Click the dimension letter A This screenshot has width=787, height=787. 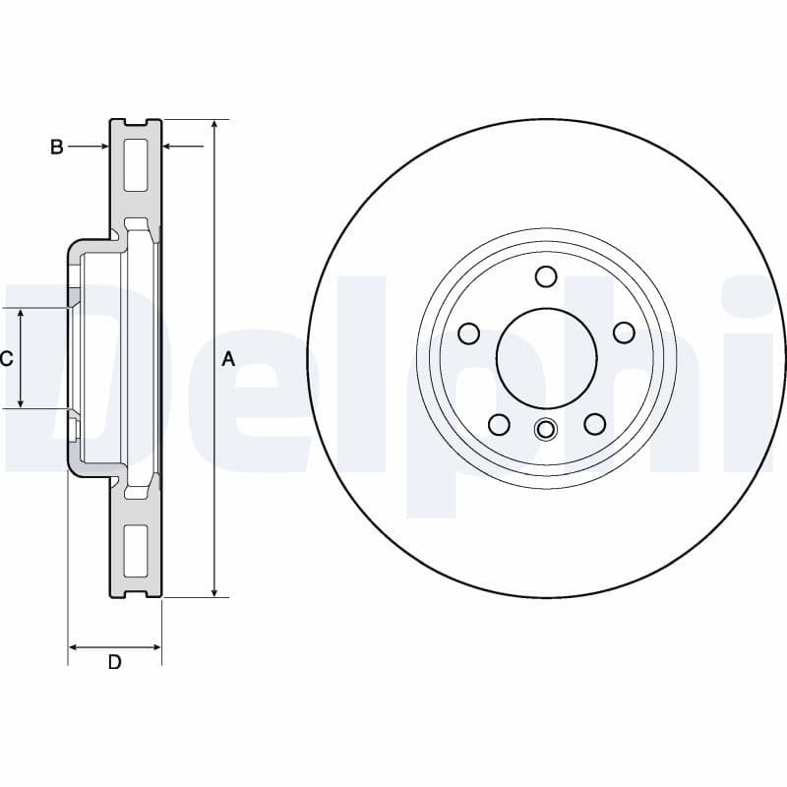tap(228, 360)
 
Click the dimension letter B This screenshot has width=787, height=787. tap(57, 147)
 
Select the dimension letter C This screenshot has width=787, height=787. tap(6, 359)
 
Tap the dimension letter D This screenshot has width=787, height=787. tap(114, 662)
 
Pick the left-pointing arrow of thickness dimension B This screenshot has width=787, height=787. tap(168, 147)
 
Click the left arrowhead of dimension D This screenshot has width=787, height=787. tap(74, 647)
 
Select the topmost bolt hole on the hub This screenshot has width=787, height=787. tap(547, 275)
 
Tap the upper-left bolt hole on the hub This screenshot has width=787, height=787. tap(469, 333)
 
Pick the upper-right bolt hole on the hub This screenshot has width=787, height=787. tap(624, 333)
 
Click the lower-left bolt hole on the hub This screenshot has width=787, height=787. tap(499, 424)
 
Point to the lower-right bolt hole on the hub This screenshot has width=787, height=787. tap(594, 424)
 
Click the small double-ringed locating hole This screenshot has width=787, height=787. tap(545, 429)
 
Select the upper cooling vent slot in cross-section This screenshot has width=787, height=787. tap(135, 164)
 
